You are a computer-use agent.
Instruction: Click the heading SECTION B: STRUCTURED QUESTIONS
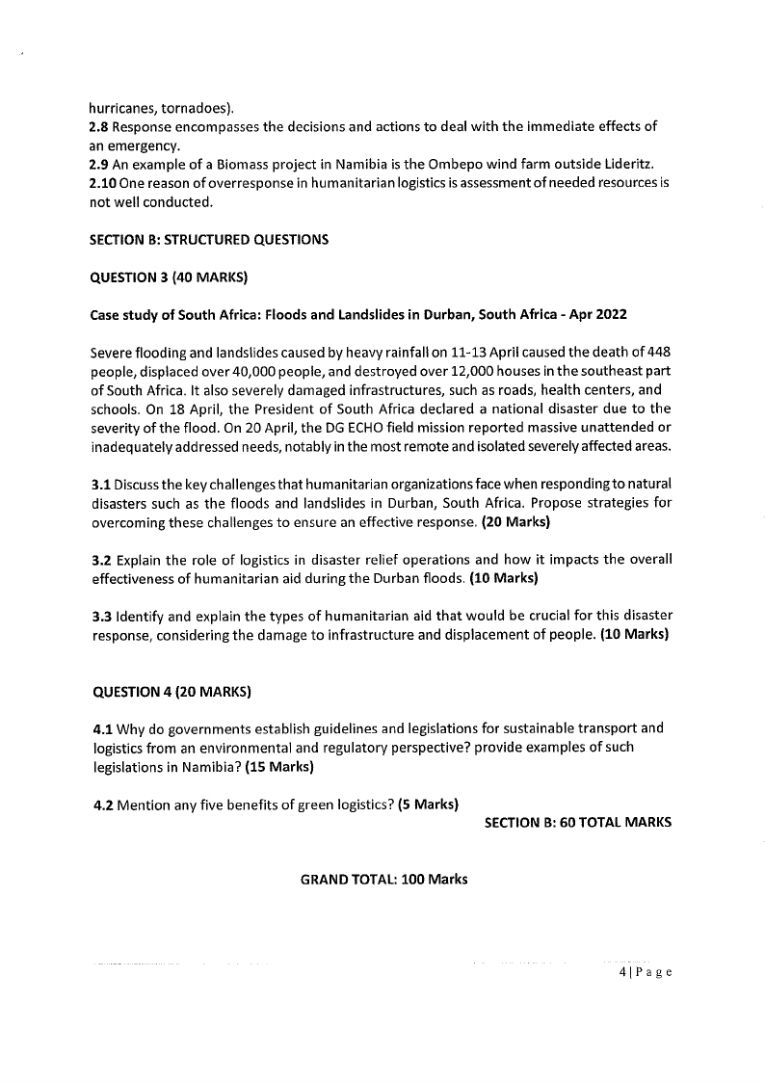209,240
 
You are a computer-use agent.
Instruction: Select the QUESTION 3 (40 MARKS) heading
169,277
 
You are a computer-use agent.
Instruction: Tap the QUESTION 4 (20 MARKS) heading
171,691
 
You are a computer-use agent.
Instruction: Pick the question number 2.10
104,183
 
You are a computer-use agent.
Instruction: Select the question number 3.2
100,561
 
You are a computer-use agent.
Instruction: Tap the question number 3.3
100,616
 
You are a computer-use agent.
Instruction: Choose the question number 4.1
100,727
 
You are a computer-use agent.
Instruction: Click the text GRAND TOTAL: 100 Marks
383,880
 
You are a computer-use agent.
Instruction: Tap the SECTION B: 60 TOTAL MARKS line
577,822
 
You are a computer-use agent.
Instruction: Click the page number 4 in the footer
622,972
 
